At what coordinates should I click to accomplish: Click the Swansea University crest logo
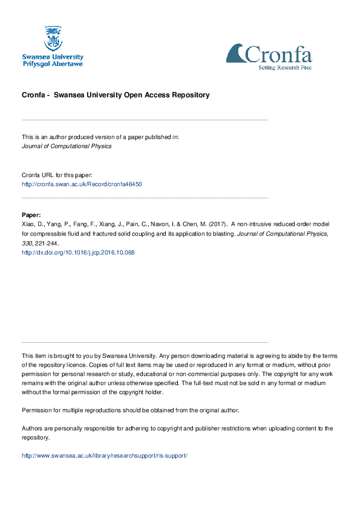53,38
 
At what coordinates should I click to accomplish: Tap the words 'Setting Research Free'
284,68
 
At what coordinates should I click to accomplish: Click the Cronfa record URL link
82,184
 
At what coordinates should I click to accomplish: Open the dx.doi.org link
78,253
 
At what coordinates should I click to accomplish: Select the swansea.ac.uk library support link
105,455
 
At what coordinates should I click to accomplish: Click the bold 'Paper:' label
31,215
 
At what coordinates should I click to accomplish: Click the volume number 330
27,242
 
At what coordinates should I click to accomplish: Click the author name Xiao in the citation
28,223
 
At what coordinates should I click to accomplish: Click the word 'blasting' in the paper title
221,233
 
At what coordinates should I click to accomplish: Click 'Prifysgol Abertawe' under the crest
53,63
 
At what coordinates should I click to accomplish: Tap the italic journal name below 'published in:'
67,146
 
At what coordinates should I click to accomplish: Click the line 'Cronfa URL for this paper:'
57,174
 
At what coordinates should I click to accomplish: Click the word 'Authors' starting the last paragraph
33,428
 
